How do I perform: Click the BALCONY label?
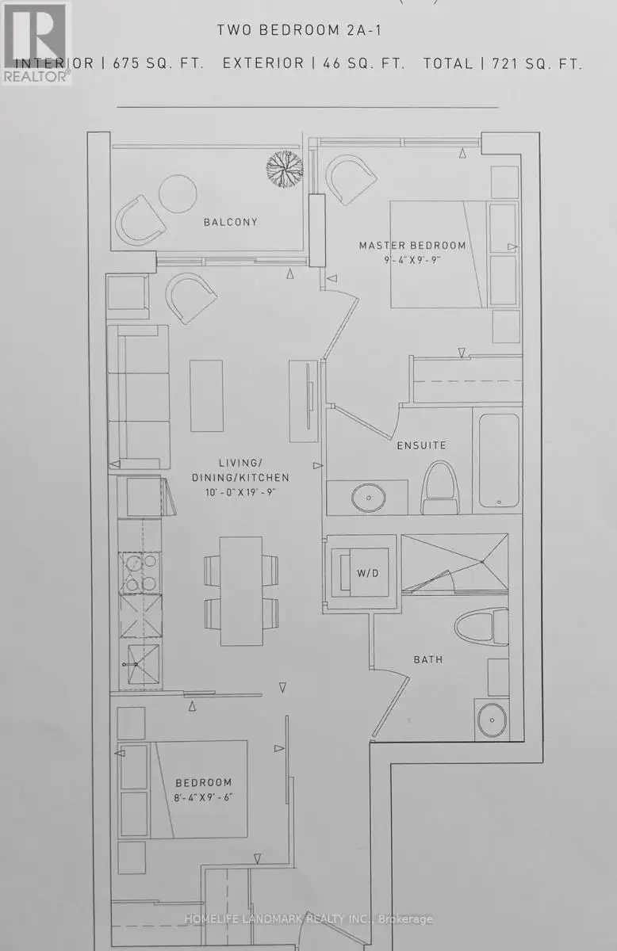[230, 222]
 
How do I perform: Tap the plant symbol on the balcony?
[285, 168]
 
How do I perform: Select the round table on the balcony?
[178, 193]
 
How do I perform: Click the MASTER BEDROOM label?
[412, 246]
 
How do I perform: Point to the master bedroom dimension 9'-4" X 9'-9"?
[412, 260]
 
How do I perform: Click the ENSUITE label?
[422, 445]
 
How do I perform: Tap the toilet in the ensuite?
[441, 488]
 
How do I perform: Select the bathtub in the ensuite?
[499, 460]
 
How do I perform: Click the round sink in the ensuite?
[369, 498]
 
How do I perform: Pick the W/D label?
[367, 573]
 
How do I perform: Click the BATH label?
[428, 659]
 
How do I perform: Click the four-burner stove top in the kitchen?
[140, 573]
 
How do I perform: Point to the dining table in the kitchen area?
[241, 591]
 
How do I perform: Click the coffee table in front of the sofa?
[206, 395]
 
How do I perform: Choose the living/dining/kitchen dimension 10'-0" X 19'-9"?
[240, 492]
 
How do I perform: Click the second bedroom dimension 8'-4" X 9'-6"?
[203, 797]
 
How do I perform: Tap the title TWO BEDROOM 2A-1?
[300, 30]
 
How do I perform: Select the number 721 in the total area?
[506, 63]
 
